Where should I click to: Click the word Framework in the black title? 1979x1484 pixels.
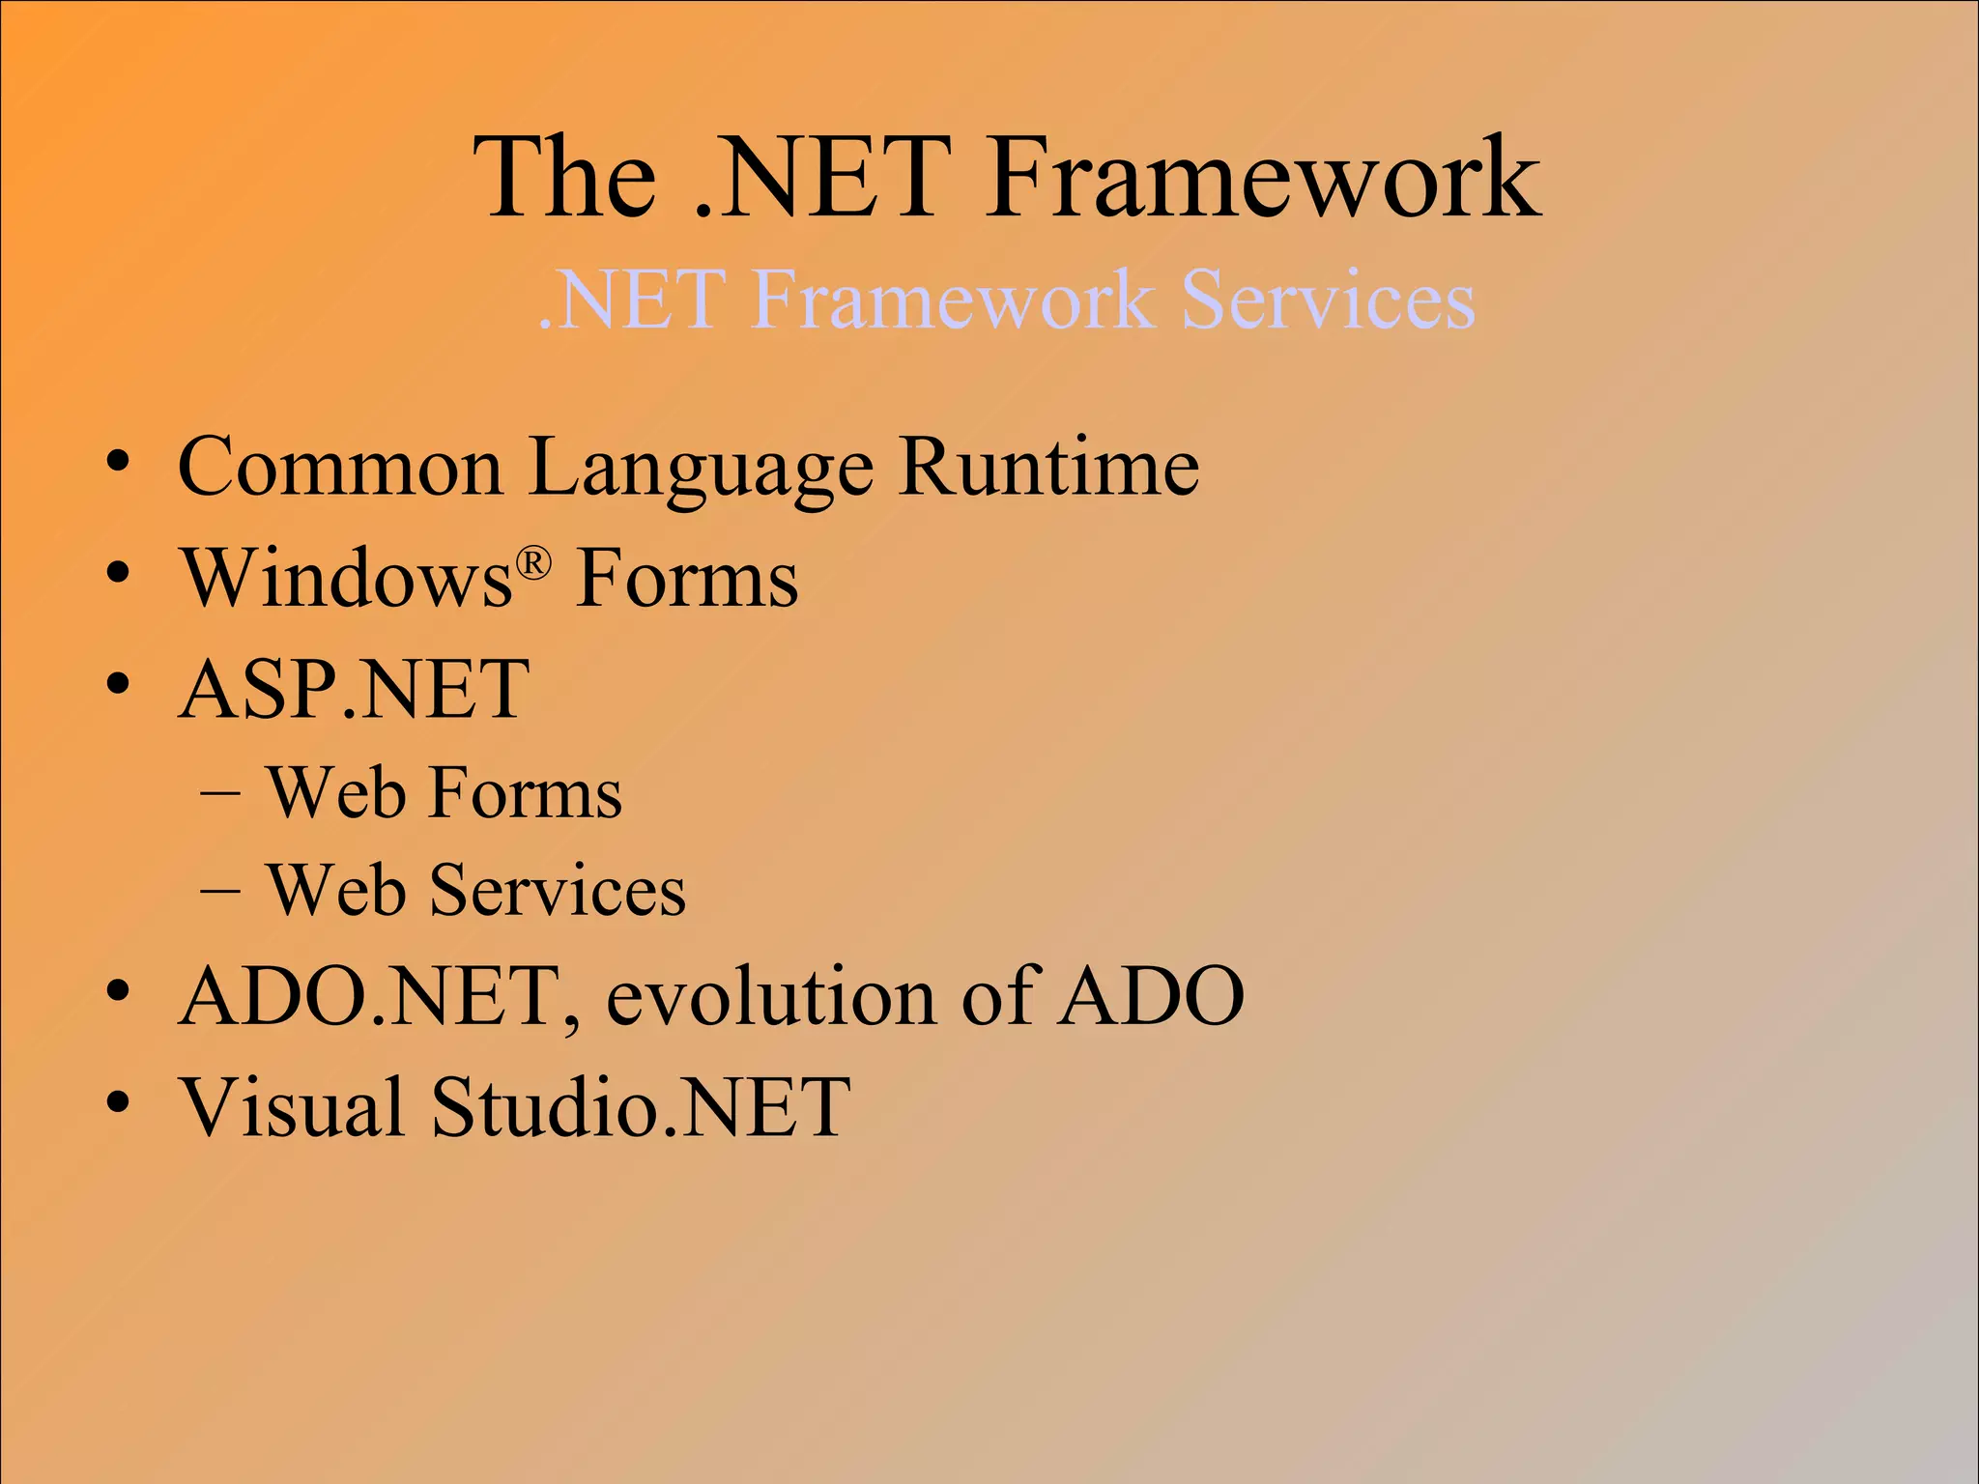(x=1264, y=180)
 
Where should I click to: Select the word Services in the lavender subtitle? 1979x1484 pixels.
(x=1328, y=301)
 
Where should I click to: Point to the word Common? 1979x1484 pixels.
(x=340, y=468)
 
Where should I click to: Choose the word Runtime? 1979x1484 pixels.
(x=1048, y=468)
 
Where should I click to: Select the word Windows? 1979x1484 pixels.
(x=348, y=580)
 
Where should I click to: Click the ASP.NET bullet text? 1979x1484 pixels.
(x=355, y=690)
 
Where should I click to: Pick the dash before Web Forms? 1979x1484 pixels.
(x=220, y=794)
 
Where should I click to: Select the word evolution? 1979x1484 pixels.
(x=770, y=997)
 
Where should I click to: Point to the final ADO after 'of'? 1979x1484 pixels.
(x=1152, y=997)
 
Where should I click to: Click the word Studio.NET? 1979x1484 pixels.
(x=641, y=1107)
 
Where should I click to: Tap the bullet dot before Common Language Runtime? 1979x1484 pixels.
(x=118, y=465)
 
